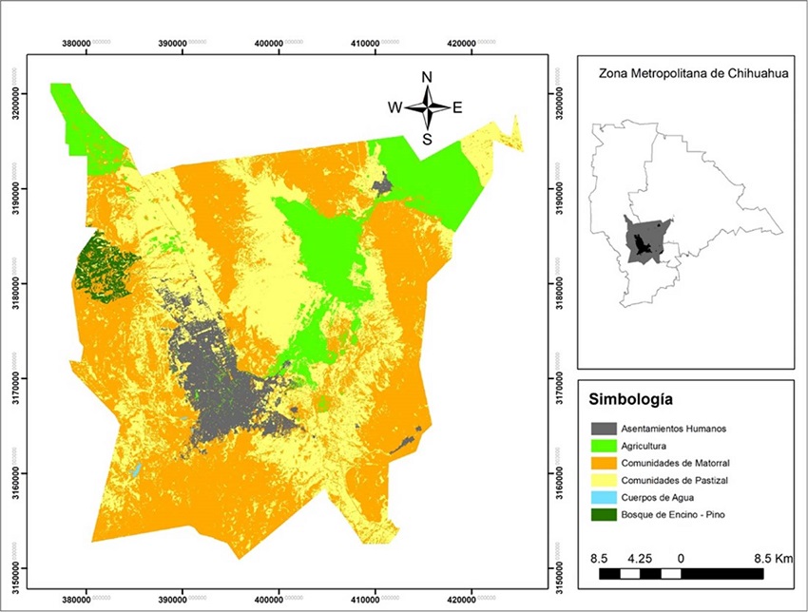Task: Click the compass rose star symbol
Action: pos(428,107)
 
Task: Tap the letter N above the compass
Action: pos(428,78)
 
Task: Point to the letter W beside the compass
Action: pos(394,107)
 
